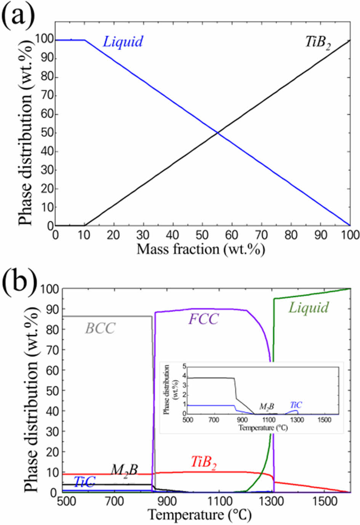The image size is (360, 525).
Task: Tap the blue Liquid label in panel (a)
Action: pos(123,41)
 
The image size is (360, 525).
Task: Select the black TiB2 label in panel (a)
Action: pos(318,42)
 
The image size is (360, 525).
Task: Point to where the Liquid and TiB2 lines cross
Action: pos(218,132)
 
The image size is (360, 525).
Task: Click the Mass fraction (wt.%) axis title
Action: pos(200,249)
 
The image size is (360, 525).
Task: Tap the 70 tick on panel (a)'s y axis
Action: pos(45,96)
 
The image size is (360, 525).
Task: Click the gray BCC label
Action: pos(100,328)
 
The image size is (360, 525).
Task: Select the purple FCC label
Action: pos(203,319)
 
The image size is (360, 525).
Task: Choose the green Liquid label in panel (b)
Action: pos(308,308)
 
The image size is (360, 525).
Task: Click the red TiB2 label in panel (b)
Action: pos(204,463)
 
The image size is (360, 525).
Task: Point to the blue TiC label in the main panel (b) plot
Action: pos(84,482)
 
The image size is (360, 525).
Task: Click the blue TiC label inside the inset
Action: pos(296,405)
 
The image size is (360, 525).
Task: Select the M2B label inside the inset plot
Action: pos(266,407)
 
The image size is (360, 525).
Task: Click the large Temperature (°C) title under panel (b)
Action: pos(199,515)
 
